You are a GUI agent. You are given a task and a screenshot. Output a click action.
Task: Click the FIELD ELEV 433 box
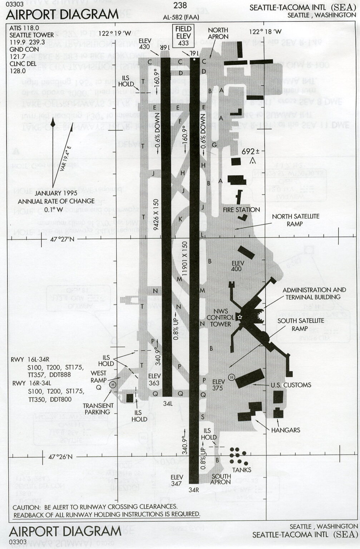click(x=183, y=36)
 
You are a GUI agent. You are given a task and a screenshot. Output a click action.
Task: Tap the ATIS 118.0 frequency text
click(x=24, y=28)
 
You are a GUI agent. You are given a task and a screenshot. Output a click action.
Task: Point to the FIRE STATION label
click(x=241, y=210)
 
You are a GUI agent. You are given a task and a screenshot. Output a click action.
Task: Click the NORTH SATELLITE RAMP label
click(x=295, y=220)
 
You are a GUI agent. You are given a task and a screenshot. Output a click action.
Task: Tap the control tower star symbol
click(x=240, y=317)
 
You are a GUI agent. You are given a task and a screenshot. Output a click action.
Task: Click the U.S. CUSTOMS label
click(x=290, y=385)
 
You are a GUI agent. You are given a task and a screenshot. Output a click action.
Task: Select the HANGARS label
click(x=285, y=430)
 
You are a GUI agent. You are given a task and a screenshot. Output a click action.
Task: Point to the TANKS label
click(x=242, y=470)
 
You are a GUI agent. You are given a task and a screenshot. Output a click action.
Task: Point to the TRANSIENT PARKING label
click(x=98, y=409)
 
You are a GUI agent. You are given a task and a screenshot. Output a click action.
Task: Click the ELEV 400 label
click(x=237, y=266)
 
